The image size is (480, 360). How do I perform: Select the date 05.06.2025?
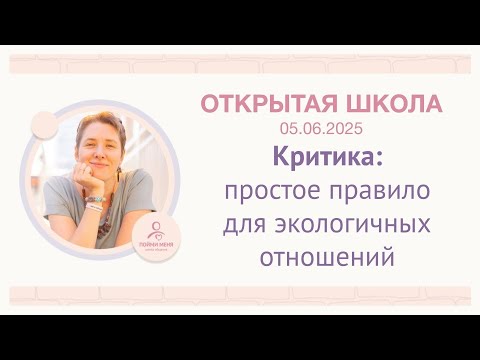pos(323,128)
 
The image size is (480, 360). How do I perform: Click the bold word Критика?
pos(329,158)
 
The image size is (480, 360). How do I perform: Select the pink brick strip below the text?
pos(240,295)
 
